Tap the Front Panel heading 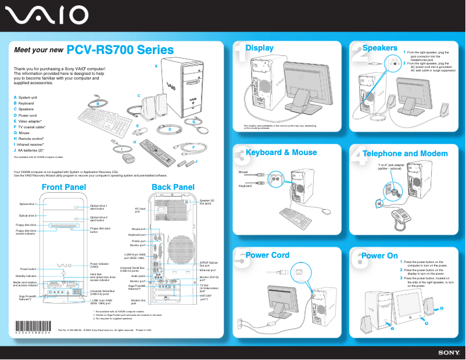(x=64, y=187)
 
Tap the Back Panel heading (x=173, y=187)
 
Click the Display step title (x=260, y=48)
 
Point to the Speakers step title (x=379, y=48)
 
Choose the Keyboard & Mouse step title (x=281, y=153)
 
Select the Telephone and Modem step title (x=405, y=154)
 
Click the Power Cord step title (x=267, y=255)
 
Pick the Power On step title (x=379, y=255)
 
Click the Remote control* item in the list (x=31, y=139)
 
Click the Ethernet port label (x=207, y=271)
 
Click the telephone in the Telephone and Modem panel (x=400, y=215)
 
